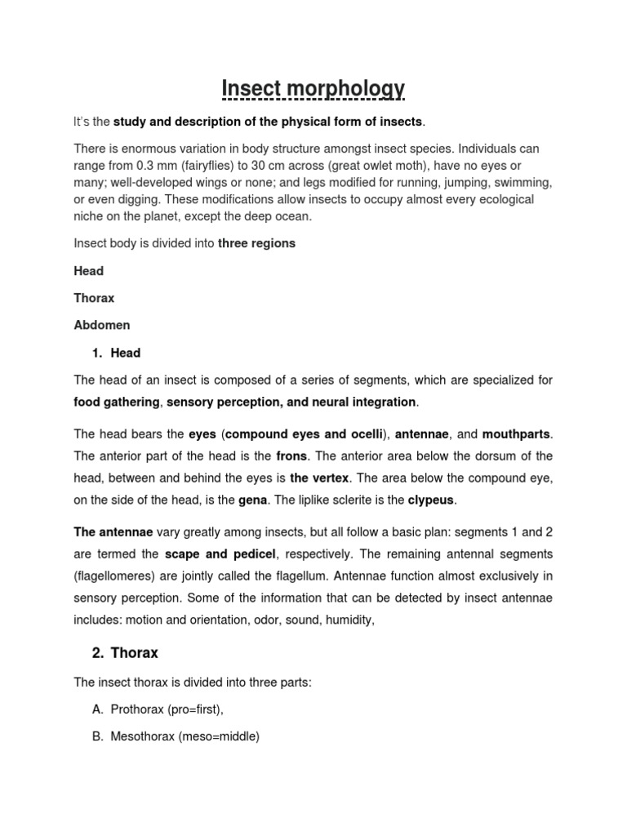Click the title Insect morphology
pyautogui.click(x=313, y=87)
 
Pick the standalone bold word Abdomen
pyautogui.click(x=102, y=325)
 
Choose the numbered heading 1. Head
pyautogui.click(x=118, y=353)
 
